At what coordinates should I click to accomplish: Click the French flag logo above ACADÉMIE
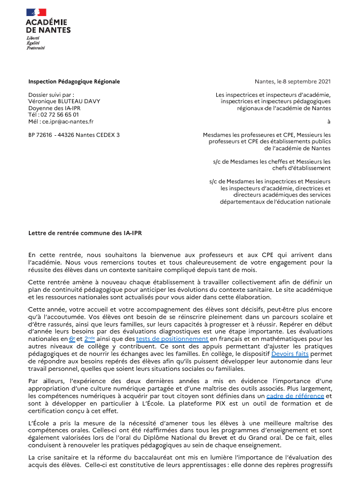tap(36, 12)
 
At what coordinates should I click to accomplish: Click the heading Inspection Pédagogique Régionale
tap(74, 82)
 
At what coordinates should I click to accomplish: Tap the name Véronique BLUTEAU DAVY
tap(64, 101)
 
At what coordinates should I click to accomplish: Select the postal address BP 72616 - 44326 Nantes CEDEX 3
tap(74, 135)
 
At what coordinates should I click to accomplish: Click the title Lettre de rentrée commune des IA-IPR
tap(85, 233)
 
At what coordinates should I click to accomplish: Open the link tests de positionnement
tap(172, 339)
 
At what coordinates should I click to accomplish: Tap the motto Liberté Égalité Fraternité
tap(36, 43)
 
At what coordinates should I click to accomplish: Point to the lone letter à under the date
tap(329, 121)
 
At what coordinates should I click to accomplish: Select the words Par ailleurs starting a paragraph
tap(44, 381)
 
